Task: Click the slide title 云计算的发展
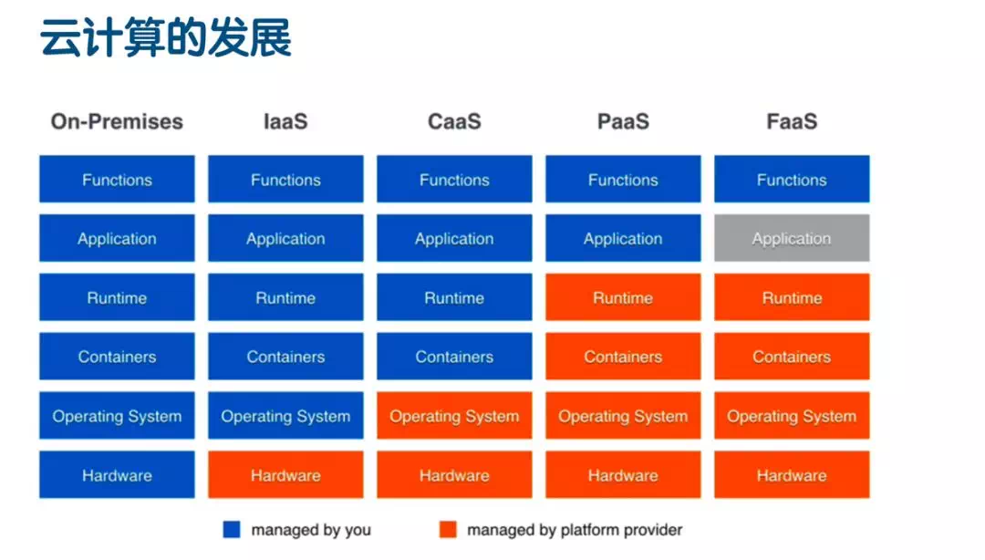click(x=165, y=39)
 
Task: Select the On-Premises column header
click(x=117, y=121)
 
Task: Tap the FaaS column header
click(x=791, y=121)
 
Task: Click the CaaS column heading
click(x=454, y=121)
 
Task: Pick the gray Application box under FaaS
click(x=791, y=238)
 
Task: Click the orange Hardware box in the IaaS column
click(x=285, y=475)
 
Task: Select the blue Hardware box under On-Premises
click(x=117, y=475)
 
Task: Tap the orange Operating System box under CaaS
click(x=454, y=416)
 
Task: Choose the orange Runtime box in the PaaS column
click(x=623, y=297)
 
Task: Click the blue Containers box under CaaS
click(x=454, y=357)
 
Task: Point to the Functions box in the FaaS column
click(x=791, y=180)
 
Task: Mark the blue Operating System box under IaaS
click(x=285, y=416)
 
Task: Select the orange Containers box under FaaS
click(x=791, y=357)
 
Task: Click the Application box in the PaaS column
click(x=623, y=238)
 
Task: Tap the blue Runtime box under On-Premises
click(x=117, y=297)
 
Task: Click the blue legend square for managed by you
click(x=232, y=530)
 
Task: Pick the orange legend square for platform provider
click(x=447, y=530)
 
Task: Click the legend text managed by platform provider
click(x=575, y=530)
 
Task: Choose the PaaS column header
click(x=623, y=121)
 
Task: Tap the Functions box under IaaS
click(x=285, y=180)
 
